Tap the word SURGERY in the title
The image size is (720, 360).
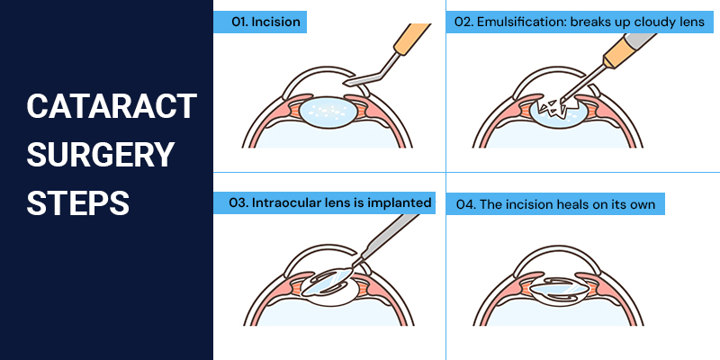[x=99, y=155]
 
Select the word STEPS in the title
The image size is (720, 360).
[x=77, y=202]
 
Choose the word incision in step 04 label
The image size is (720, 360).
[x=526, y=204]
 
